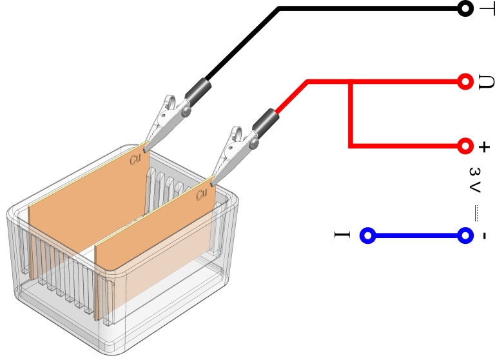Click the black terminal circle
click(x=464, y=8)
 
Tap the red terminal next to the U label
click(x=465, y=81)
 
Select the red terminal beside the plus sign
click(x=465, y=145)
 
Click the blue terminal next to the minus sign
click(x=465, y=235)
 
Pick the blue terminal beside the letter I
click(x=367, y=235)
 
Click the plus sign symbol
click(x=484, y=147)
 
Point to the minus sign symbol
click(x=483, y=235)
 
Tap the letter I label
click(x=342, y=235)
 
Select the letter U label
click(x=484, y=82)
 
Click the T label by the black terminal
click(x=485, y=9)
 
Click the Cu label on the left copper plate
click(x=135, y=158)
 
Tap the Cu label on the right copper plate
click(x=202, y=194)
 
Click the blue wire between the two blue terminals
click(x=416, y=235)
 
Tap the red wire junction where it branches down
click(x=350, y=82)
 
